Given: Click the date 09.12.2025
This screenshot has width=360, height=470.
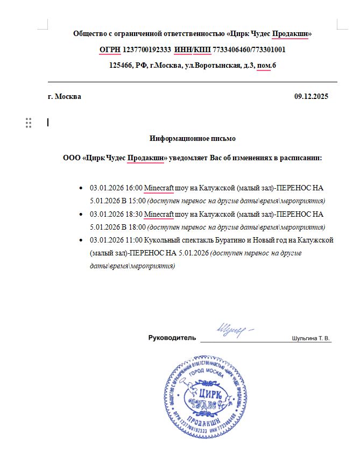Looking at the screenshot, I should click(311, 97).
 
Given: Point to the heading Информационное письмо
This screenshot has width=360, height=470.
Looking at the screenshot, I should click(193, 138).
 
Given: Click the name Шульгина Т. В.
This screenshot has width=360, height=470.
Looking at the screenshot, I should click(311, 339).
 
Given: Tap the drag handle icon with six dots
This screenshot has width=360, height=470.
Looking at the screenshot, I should click(29, 123).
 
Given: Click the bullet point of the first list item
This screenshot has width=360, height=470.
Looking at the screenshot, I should click(81, 189).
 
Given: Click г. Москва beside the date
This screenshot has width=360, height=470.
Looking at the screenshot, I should click(65, 97).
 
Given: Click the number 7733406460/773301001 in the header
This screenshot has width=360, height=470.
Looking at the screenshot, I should click(249, 50).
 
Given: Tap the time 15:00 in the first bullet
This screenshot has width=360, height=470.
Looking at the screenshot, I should click(137, 201).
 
